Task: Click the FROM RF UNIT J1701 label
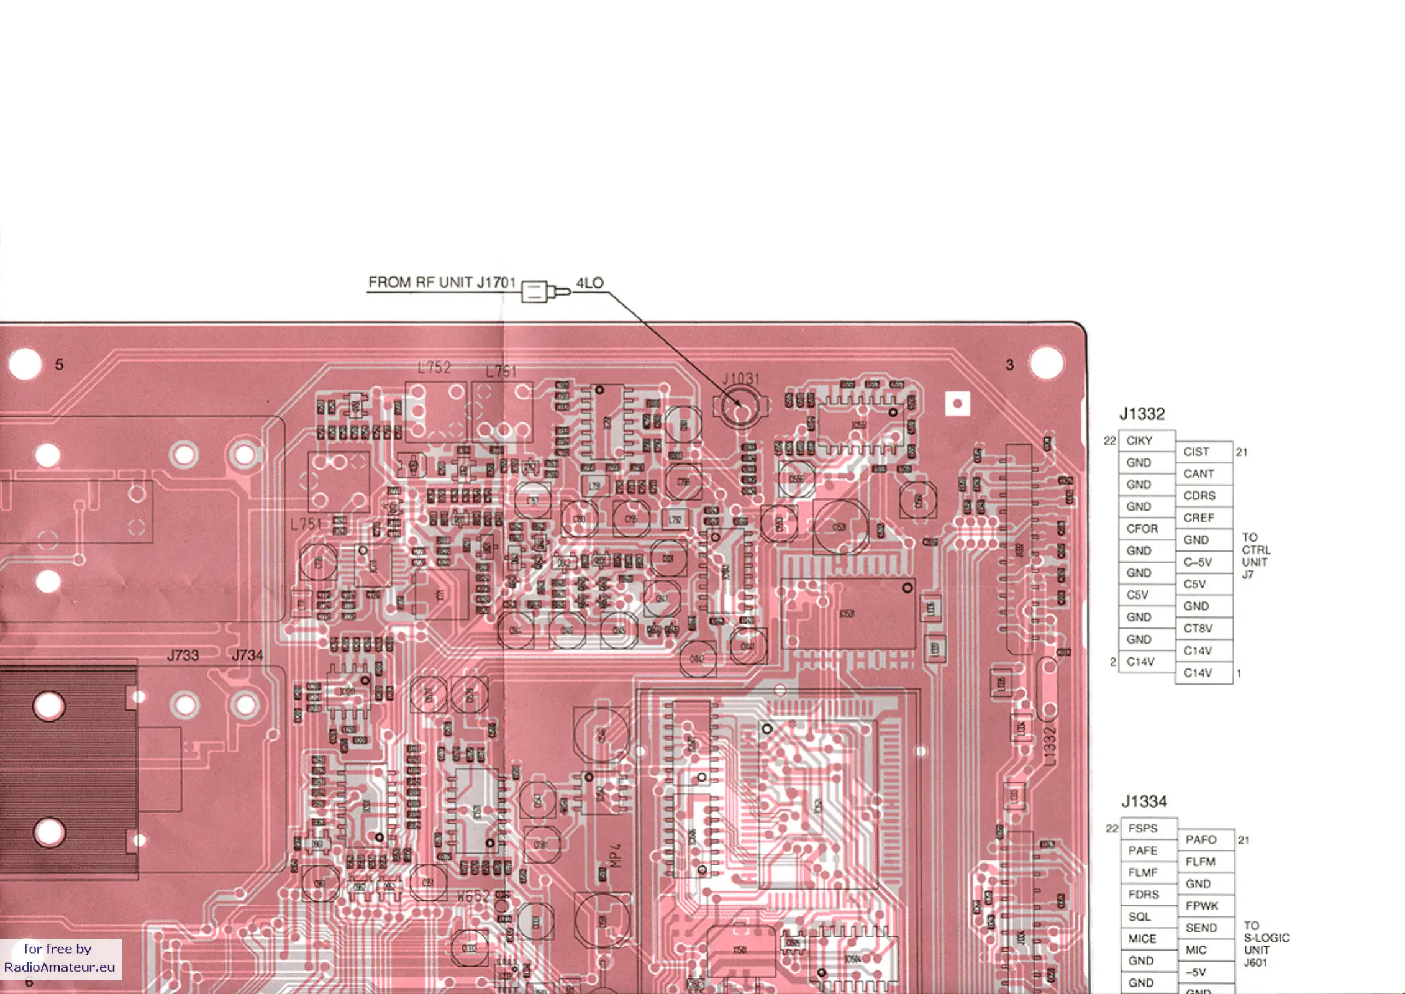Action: pyautogui.click(x=442, y=283)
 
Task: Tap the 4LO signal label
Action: pyautogui.click(x=589, y=283)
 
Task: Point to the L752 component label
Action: pyautogui.click(x=434, y=368)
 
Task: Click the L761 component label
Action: pyautogui.click(x=501, y=372)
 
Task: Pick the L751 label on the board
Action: pyautogui.click(x=306, y=524)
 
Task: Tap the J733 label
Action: pyautogui.click(x=183, y=655)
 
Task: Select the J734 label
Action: pyautogui.click(x=247, y=655)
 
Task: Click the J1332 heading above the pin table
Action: pyautogui.click(x=1142, y=414)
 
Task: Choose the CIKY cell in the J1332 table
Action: pyautogui.click(x=1139, y=440)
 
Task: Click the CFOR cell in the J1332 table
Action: pyautogui.click(x=1142, y=529)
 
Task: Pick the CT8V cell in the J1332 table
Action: pyautogui.click(x=1198, y=628)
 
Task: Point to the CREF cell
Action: pyautogui.click(x=1198, y=518)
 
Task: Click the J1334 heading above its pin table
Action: pyautogui.click(x=1144, y=801)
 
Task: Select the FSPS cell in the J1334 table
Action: pyautogui.click(x=1143, y=828)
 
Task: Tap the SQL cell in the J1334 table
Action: pyautogui.click(x=1140, y=916)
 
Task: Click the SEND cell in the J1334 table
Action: pyautogui.click(x=1201, y=928)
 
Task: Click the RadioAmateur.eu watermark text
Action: pyautogui.click(x=60, y=967)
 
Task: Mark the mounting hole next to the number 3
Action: pyautogui.click(x=1046, y=363)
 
